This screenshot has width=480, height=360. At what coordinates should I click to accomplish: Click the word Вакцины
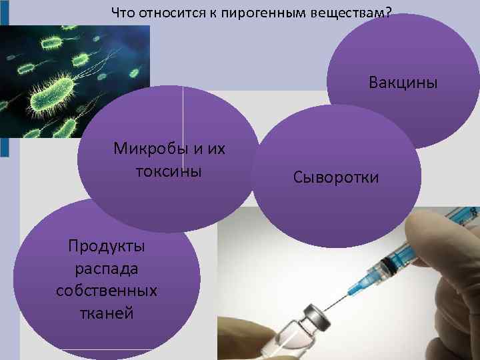pyautogui.click(x=403, y=83)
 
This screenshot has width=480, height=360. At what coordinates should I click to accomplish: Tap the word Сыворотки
pyautogui.click(x=335, y=177)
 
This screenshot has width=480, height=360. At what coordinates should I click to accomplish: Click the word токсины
pyautogui.click(x=169, y=171)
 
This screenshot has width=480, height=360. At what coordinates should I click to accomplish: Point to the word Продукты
pyautogui.click(x=107, y=246)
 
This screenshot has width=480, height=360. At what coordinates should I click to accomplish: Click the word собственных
pyautogui.click(x=107, y=291)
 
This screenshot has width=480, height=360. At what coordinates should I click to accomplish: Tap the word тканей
pyautogui.click(x=107, y=313)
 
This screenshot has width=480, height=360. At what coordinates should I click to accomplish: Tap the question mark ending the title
pyautogui.click(x=388, y=13)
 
